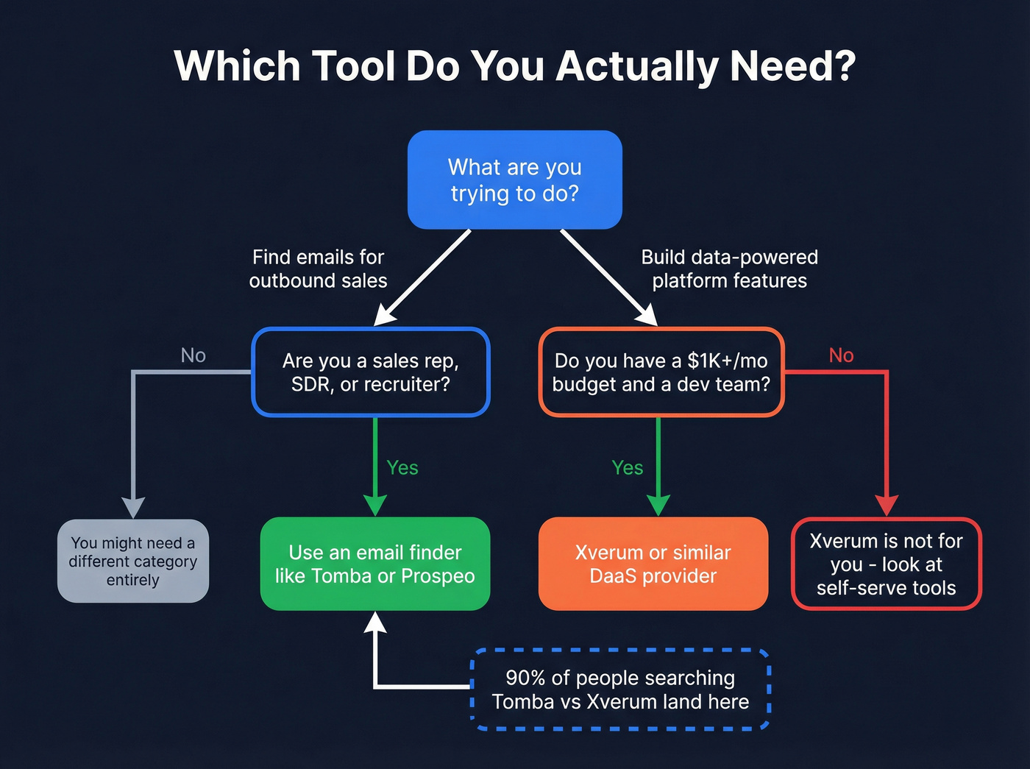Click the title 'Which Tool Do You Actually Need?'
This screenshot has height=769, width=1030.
(515, 66)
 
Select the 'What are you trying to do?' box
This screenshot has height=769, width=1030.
(515, 180)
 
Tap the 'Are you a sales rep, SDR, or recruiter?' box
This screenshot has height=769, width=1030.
(371, 372)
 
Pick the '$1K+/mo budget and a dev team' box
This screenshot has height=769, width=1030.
(661, 372)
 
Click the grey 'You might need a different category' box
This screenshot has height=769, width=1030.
(133, 561)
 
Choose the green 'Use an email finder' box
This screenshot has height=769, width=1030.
(375, 564)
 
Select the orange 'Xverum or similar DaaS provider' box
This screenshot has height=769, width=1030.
(653, 564)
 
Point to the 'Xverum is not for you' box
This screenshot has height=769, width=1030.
(886, 564)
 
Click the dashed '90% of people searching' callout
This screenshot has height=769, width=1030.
(620, 690)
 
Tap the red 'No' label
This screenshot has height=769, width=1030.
(841, 355)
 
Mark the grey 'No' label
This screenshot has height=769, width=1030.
(193, 355)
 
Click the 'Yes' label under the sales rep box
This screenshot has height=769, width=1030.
(402, 468)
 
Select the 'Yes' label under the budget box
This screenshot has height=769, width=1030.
(628, 468)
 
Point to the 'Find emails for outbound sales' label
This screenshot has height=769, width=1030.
(318, 269)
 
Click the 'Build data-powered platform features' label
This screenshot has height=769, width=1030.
(729, 269)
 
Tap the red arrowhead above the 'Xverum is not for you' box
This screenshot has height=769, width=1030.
(887, 506)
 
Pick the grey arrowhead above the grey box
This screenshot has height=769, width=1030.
(133, 508)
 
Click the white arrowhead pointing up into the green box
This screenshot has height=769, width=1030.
(375, 623)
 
